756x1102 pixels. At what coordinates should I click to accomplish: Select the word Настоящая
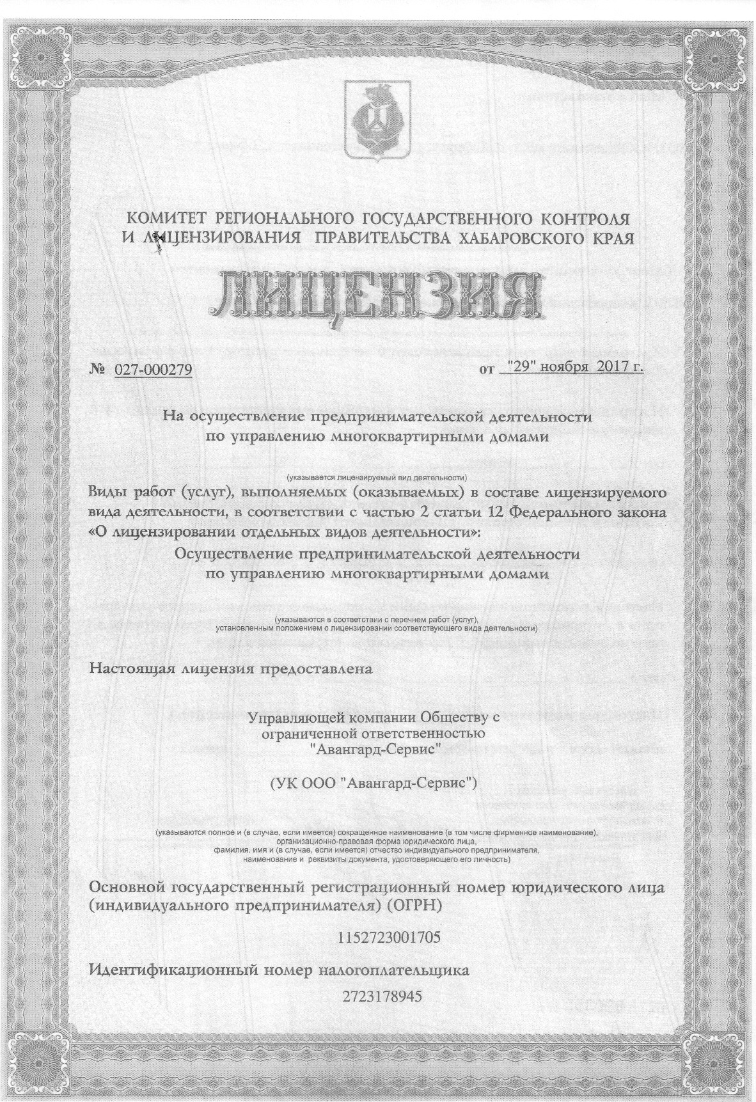(130, 669)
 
